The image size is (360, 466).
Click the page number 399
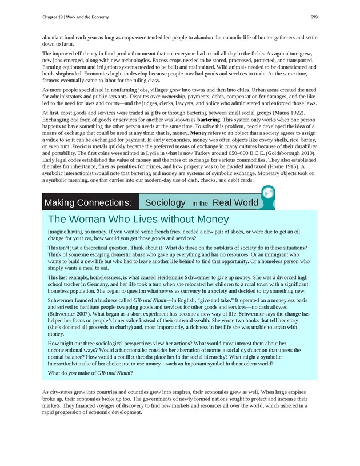pyautogui.click(x=314, y=17)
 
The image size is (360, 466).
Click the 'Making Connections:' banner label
pyautogui.click(x=88, y=202)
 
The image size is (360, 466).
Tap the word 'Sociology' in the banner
pyautogui.click(x=165, y=202)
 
